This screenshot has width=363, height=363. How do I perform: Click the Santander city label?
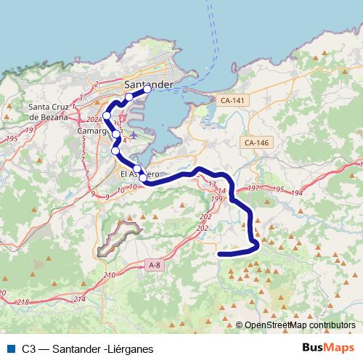(149, 84)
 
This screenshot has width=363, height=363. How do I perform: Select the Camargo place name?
(94, 131)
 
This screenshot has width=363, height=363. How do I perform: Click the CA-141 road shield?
(232, 100)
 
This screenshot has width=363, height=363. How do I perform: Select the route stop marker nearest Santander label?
(147, 90)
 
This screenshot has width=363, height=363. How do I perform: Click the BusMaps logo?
(328, 348)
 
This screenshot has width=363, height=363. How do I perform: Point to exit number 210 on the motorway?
(110, 275)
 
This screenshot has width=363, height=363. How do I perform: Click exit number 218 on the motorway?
(23, 301)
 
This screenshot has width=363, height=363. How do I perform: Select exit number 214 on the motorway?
(78, 299)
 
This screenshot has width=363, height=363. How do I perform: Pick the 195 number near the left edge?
(10, 138)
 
